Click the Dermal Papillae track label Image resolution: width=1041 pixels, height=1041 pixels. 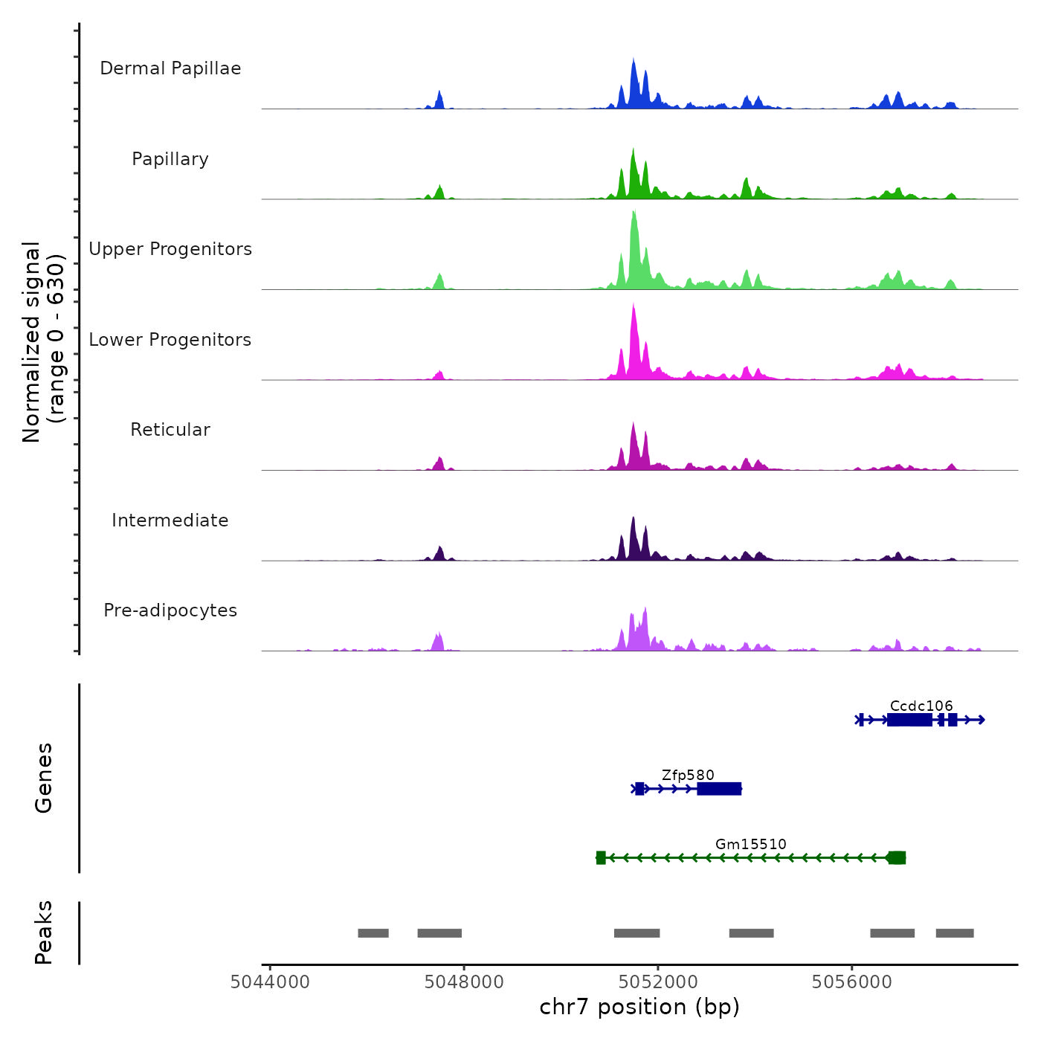point(170,68)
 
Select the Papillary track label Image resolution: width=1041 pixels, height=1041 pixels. point(170,159)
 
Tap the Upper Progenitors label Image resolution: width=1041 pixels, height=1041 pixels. point(170,249)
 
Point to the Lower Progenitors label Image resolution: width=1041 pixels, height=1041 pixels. point(170,340)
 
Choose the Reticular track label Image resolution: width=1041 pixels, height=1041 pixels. point(170,430)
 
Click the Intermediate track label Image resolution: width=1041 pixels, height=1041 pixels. point(170,520)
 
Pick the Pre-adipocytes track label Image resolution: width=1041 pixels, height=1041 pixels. point(170,610)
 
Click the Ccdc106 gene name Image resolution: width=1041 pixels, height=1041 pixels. point(921,706)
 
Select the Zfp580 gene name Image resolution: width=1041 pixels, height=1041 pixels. point(688,775)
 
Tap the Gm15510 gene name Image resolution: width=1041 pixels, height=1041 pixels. point(750,844)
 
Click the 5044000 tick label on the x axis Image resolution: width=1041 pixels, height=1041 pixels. point(270,982)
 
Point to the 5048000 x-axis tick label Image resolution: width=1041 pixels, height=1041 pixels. point(464,982)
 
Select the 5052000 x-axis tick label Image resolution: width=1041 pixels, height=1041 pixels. point(658,982)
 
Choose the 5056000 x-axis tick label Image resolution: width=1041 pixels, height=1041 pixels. point(852,982)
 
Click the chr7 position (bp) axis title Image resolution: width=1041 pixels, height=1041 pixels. point(639,1007)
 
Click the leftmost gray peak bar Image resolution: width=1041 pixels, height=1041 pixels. point(373,933)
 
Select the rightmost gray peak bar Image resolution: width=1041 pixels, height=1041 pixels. point(955,933)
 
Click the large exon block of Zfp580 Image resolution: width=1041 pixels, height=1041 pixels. point(719,789)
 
